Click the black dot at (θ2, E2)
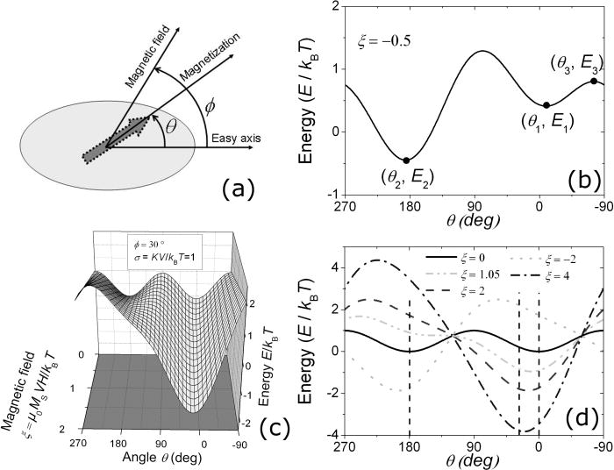pos(406,160)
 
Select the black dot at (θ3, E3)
pos(594,82)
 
